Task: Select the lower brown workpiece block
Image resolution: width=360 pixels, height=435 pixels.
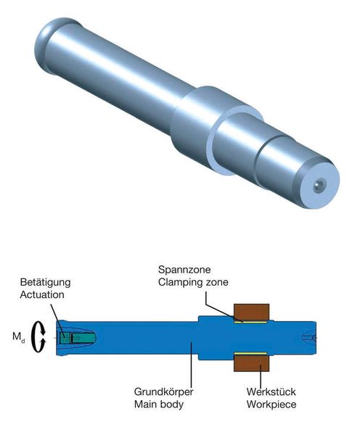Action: click(x=251, y=362)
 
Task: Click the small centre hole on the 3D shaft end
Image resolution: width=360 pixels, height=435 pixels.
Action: click(x=318, y=186)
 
